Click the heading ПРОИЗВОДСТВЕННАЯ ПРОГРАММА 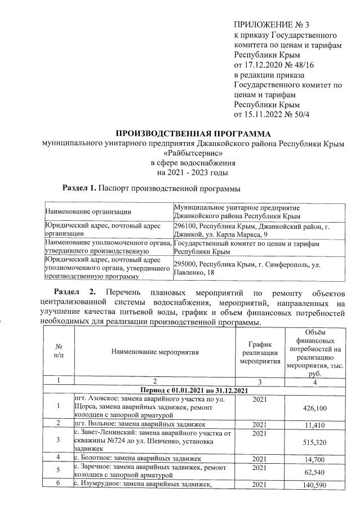(193, 134)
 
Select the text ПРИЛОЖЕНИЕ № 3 (272, 25)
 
